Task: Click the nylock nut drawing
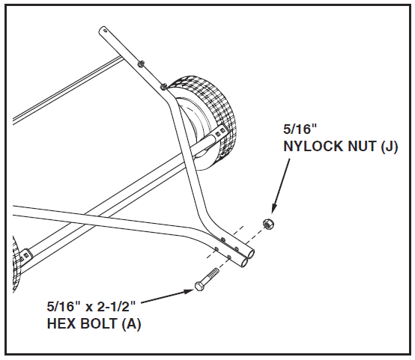[x=268, y=224]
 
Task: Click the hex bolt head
[x=199, y=286]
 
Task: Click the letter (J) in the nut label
[x=389, y=147]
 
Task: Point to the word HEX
[x=61, y=323]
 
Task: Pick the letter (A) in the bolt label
[x=131, y=324]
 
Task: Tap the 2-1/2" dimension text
[x=116, y=307]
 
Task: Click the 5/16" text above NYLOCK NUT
[x=300, y=129]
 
